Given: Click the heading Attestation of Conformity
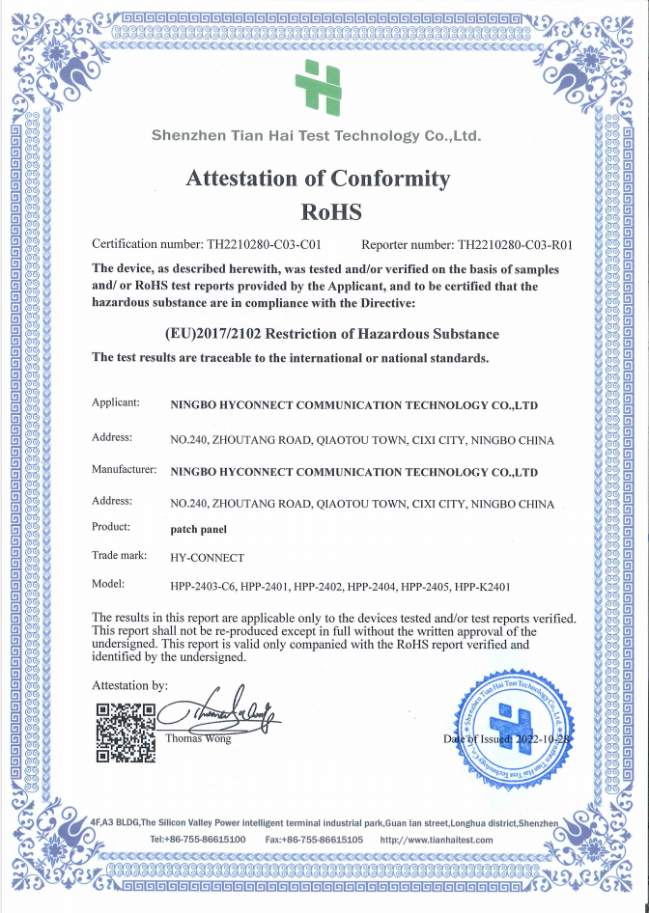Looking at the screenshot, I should tap(318, 178).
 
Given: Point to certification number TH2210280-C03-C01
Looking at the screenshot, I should tap(271, 245).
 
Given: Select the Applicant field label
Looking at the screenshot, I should tap(116, 401).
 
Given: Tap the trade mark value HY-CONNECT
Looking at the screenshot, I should tap(207, 558).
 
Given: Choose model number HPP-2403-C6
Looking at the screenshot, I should tap(202, 586).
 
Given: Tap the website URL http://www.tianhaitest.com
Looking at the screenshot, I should tap(437, 840).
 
